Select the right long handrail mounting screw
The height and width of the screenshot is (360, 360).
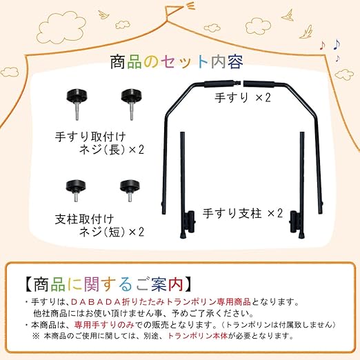point(129,99)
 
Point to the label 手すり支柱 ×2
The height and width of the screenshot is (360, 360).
point(242,212)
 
